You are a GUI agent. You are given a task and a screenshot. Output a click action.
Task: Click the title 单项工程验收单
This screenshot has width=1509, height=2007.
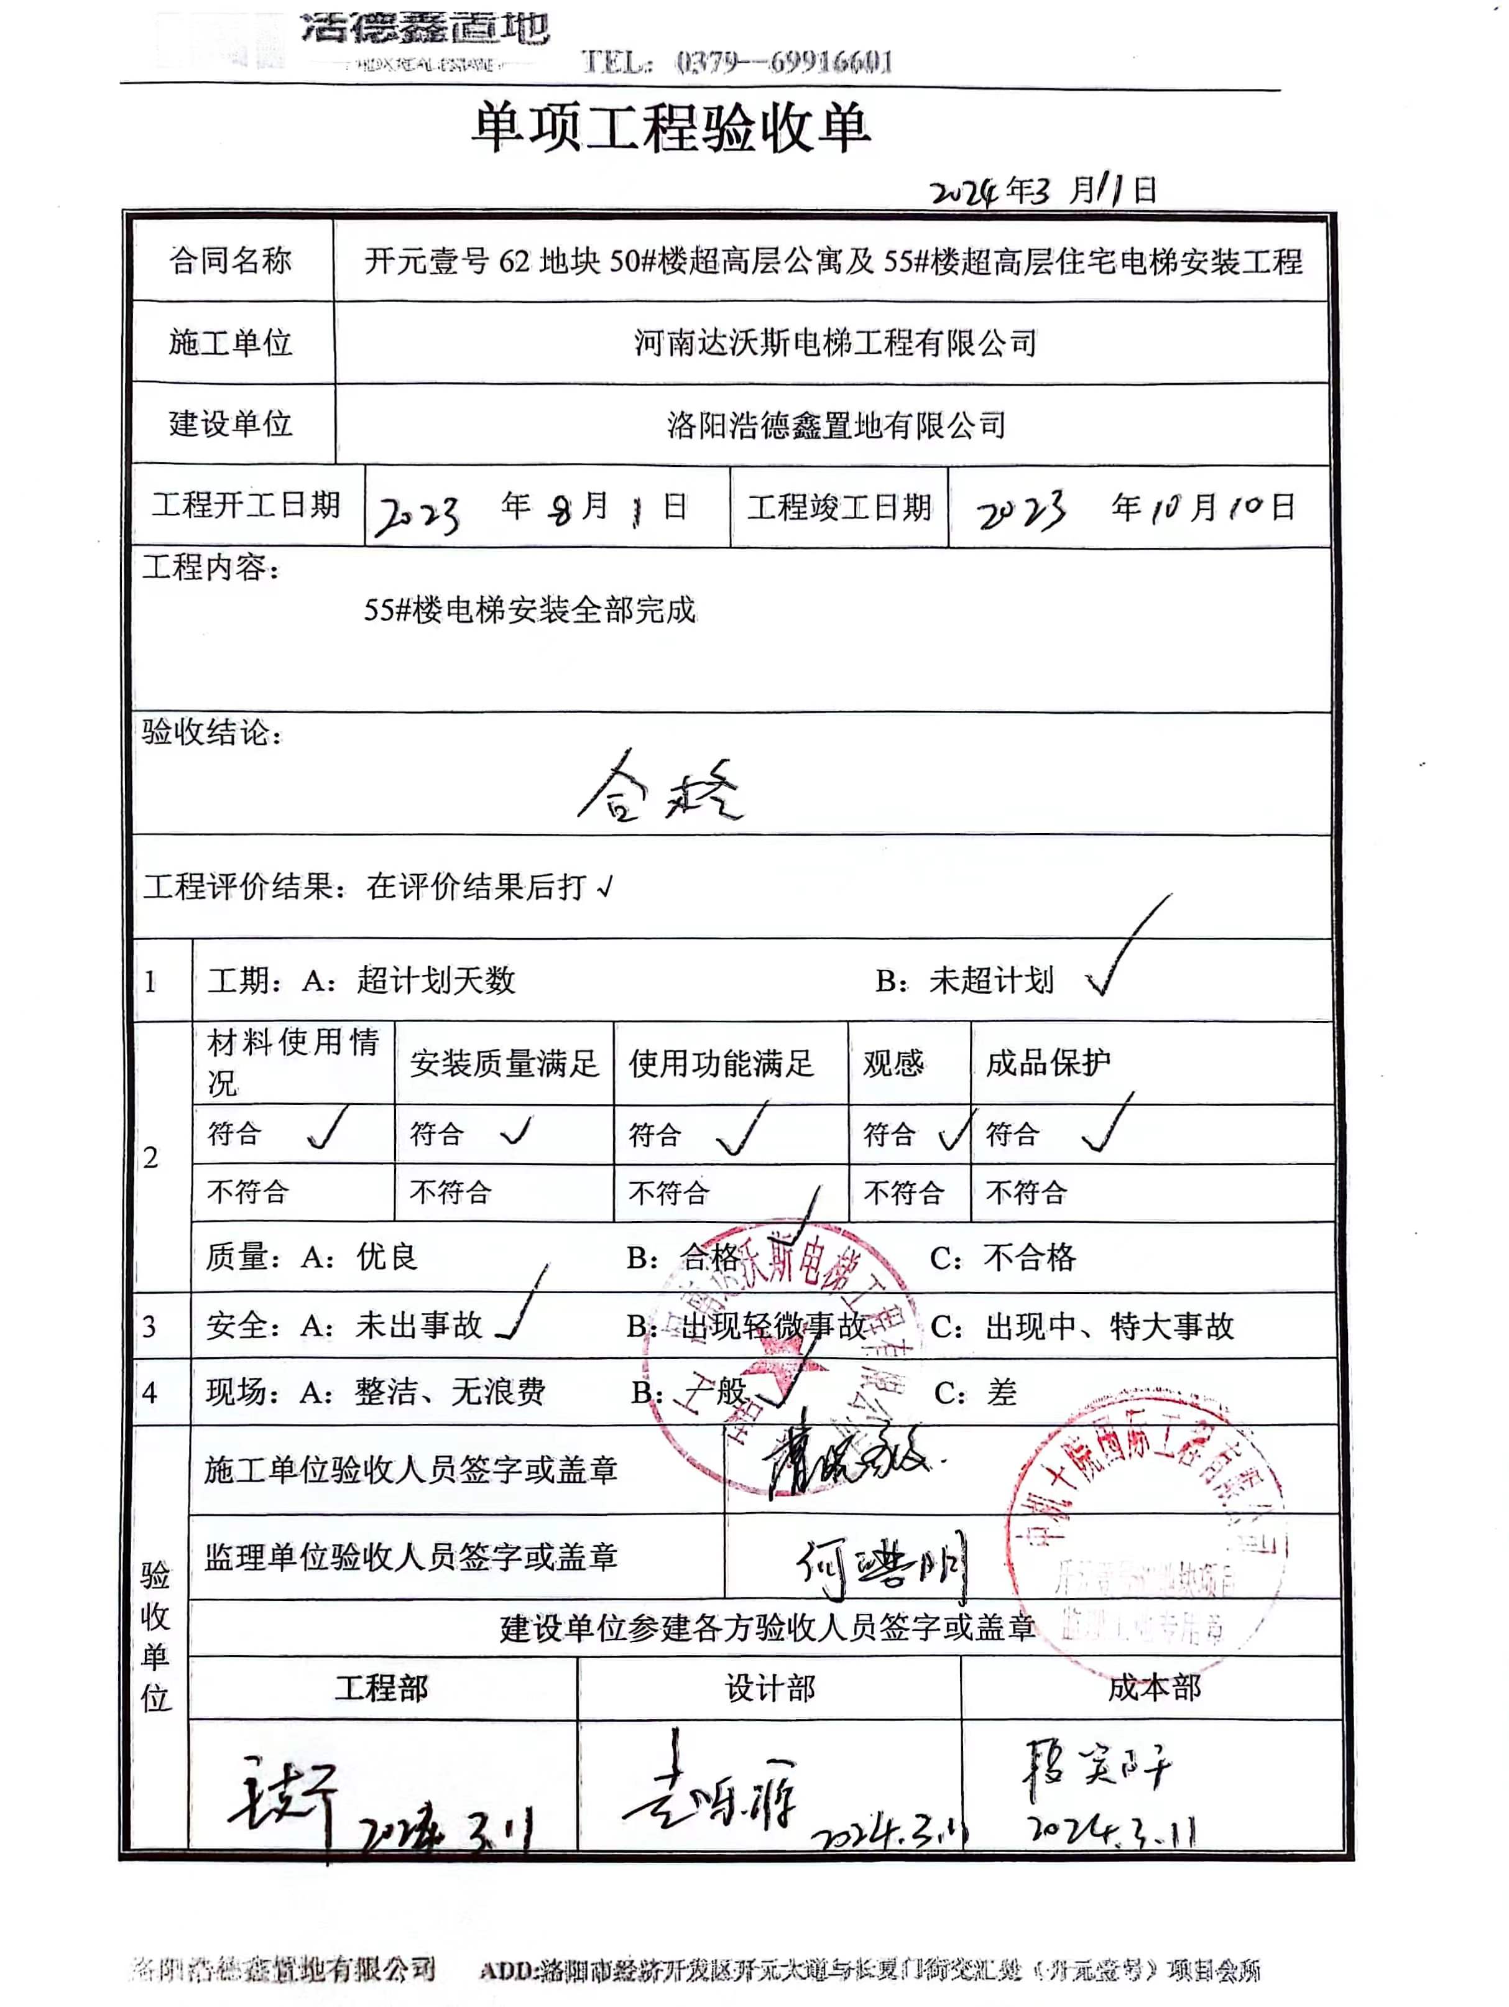tap(671, 128)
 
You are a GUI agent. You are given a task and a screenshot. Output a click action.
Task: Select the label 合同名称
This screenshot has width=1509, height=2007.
tap(231, 261)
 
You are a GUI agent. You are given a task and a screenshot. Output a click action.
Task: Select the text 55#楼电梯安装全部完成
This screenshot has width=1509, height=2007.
tap(529, 610)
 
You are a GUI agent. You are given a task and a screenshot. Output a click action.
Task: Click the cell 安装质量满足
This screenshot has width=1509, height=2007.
tap(504, 1063)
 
